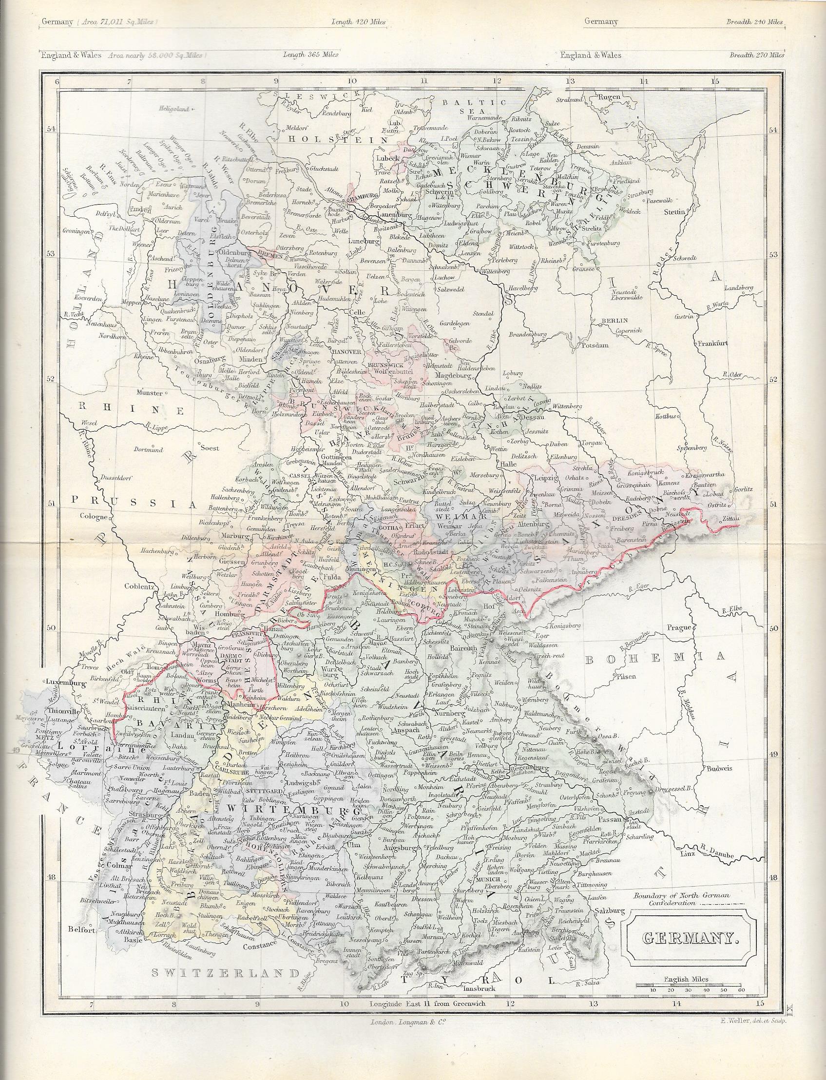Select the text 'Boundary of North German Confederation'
[682, 899]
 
